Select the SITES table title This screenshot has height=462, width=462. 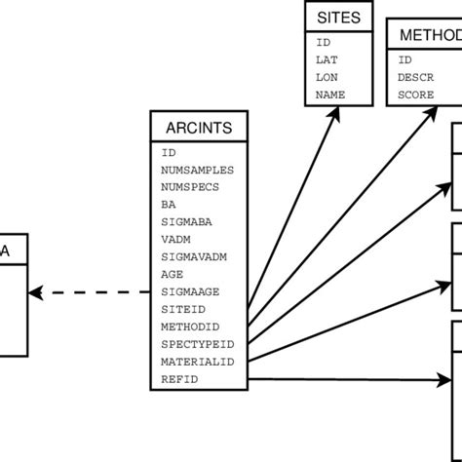pyautogui.click(x=339, y=17)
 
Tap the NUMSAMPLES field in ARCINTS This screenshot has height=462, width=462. pyautogui.click(x=197, y=170)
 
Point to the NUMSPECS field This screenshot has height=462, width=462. pyautogui.click(x=190, y=187)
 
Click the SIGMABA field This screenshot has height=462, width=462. pyautogui.click(x=186, y=222)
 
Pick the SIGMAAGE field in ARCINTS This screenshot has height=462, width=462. pyautogui.click(x=189, y=292)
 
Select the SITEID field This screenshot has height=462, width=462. pyautogui.click(x=183, y=309)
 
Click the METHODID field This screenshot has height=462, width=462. pyautogui.click(x=190, y=327)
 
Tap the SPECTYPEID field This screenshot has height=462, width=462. pyautogui.click(x=197, y=344)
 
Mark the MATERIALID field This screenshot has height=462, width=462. pyautogui.click(x=197, y=362)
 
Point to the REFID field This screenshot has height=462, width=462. pyautogui.click(x=179, y=379)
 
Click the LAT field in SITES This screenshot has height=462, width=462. pyautogui.click(x=327, y=59)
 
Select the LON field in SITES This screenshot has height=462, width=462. pyautogui.click(x=327, y=77)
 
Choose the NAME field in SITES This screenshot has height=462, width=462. pyautogui.click(x=330, y=95)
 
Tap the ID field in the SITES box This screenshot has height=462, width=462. pyautogui.click(x=323, y=42)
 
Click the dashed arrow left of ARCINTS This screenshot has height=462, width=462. pyautogui.click(x=88, y=290)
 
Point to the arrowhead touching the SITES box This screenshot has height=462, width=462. pyautogui.click(x=336, y=110)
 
